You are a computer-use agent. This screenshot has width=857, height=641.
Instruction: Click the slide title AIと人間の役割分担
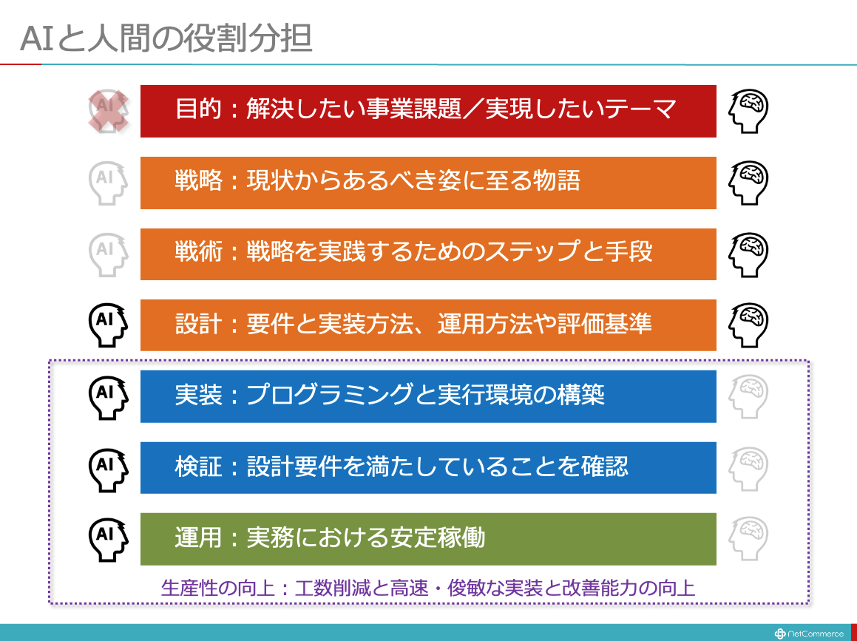tap(166, 38)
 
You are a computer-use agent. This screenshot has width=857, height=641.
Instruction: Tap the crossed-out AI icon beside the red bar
tap(109, 111)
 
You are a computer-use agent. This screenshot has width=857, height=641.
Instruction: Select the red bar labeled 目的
tap(428, 111)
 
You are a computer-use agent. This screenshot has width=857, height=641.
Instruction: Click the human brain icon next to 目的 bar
tap(748, 111)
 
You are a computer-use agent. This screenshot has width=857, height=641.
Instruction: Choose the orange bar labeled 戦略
tap(428, 183)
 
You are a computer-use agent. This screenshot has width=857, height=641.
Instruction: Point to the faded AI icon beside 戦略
tap(108, 183)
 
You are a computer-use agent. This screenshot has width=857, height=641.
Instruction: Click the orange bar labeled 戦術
tap(428, 254)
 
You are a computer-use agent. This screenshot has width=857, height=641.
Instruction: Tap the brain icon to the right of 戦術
tap(748, 254)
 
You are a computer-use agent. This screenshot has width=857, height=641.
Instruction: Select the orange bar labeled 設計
tap(428, 325)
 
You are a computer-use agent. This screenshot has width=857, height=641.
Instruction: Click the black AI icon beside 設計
tap(108, 325)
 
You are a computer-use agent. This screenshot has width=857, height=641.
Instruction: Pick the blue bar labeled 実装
tap(428, 396)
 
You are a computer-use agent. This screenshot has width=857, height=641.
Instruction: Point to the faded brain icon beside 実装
tap(748, 397)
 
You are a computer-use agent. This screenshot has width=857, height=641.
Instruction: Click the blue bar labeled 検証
tap(428, 468)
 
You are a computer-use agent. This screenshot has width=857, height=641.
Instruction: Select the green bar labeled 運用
tap(428, 539)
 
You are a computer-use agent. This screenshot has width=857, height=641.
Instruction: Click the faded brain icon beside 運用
tap(748, 540)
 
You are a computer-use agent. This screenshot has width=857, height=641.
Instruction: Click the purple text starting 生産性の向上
tap(428, 588)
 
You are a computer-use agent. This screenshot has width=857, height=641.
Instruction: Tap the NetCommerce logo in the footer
tap(809, 634)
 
